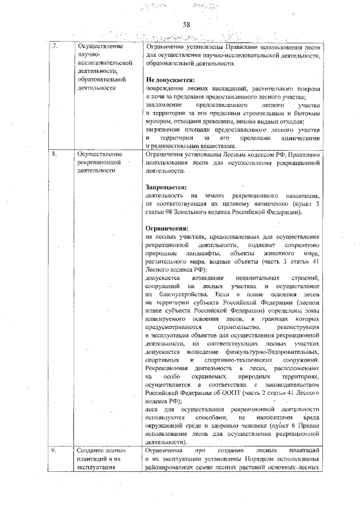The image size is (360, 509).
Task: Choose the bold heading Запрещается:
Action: point(166,187)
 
